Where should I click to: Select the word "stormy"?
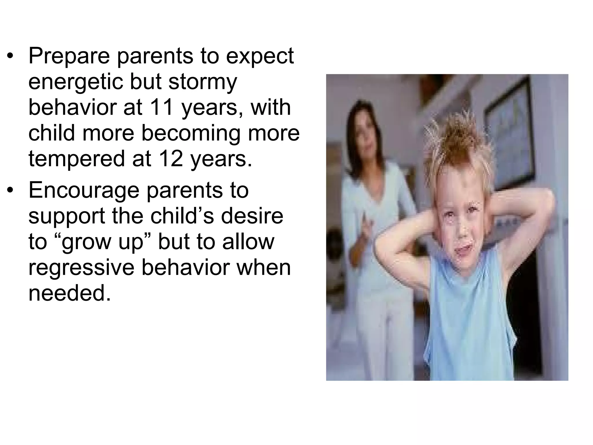(x=203, y=82)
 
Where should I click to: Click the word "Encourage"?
(x=83, y=191)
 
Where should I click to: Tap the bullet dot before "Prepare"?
(x=10, y=56)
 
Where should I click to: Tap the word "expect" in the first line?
(x=260, y=56)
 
